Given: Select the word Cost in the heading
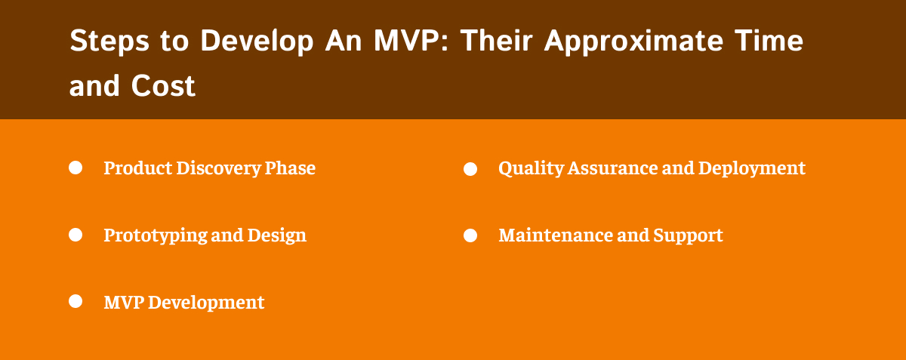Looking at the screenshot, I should (x=163, y=87).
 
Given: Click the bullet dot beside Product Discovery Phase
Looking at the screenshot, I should (x=75, y=168).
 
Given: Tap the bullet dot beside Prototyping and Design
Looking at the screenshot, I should (x=75, y=235).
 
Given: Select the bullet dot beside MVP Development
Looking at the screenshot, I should (x=75, y=302).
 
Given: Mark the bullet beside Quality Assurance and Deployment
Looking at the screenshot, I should (x=470, y=169).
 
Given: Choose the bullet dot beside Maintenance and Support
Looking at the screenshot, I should (x=470, y=235).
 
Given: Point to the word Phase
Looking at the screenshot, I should (x=290, y=168).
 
